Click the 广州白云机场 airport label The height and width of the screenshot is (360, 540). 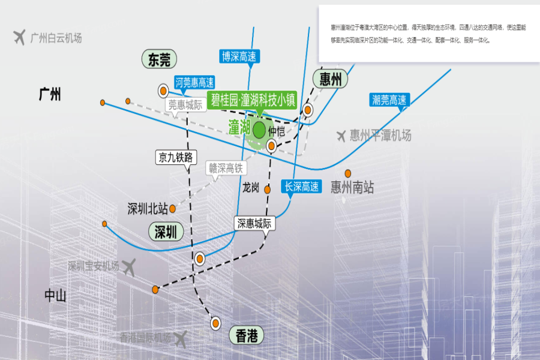coord(56,38)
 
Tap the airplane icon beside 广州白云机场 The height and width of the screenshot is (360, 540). coord(20,37)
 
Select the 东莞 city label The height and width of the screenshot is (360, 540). coord(160,59)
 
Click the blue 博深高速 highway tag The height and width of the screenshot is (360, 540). coord(239,57)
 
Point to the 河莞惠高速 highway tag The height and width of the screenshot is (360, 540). coord(194,83)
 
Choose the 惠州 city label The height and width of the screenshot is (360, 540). coord(331,79)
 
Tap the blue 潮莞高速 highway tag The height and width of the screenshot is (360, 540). coord(389,100)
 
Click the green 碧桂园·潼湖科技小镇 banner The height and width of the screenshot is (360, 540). coord(252,100)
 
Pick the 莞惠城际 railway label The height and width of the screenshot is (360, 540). coord(185,104)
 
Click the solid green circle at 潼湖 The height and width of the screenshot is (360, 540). coord(259,128)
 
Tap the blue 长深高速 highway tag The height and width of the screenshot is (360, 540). coord(302,187)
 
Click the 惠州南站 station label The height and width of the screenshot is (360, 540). coord(352,188)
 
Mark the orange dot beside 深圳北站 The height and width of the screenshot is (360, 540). coord(172,209)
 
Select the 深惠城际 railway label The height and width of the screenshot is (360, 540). coord(254,224)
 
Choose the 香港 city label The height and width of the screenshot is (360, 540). coord(247,335)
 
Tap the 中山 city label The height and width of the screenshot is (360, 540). coord(55,295)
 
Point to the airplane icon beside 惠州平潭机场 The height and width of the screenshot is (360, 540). coord(341,136)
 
